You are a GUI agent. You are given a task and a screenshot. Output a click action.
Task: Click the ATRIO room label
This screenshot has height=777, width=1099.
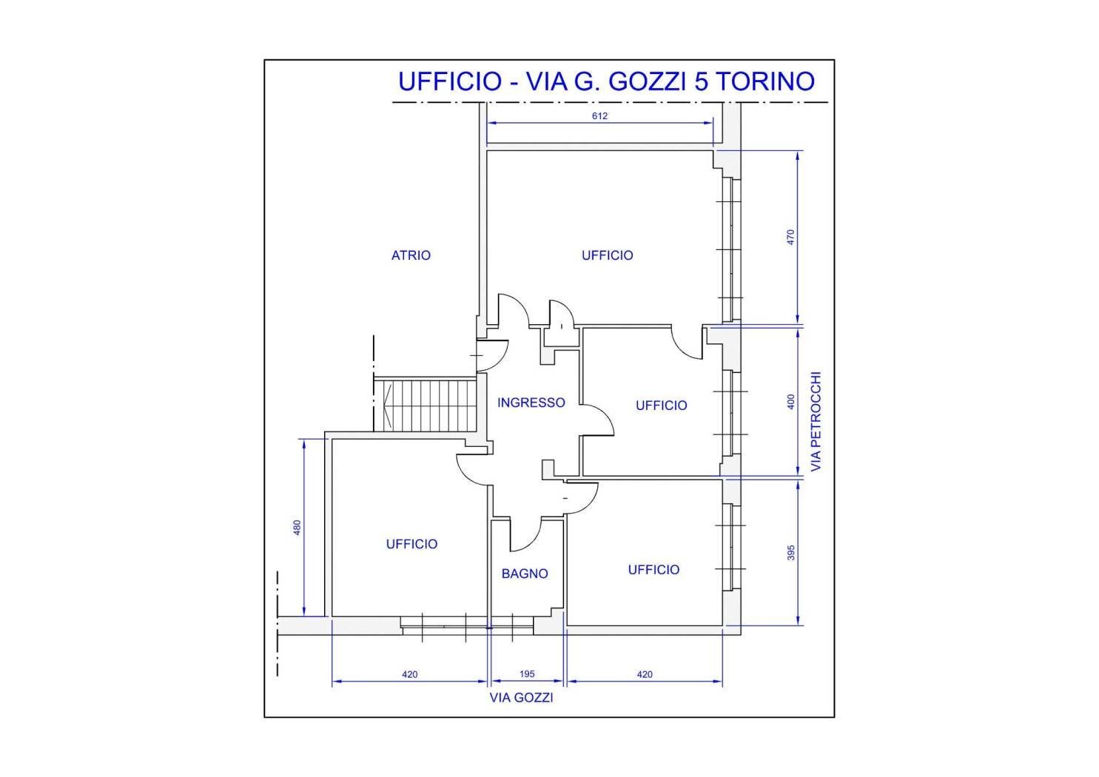pyautogui.click(x=411, y=255)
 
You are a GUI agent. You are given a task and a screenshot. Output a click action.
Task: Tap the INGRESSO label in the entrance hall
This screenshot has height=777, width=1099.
pyautogui.click(x=531, y=403)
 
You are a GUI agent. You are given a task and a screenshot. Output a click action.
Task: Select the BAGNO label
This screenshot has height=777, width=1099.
pyautogui.click(x=524, y=573)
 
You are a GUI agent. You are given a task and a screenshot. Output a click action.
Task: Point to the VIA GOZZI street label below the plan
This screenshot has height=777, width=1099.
pyautogui.click(x=521, y=697)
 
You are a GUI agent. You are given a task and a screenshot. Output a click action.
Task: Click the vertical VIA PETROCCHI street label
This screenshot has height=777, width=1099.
pyautogui.click(x=816, y=422)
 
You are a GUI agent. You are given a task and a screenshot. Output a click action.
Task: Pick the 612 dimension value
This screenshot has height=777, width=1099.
pyautogui.click(x=599, y=115)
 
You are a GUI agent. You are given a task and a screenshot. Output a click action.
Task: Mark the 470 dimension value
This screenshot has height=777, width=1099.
pyautogui.click(x=790, y=238)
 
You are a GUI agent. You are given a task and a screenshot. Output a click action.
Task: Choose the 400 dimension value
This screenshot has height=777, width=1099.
pyautogui.click(x=790, y=402)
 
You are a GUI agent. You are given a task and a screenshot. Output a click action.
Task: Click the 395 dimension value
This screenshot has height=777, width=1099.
pyautogui.click(x=790, y=553)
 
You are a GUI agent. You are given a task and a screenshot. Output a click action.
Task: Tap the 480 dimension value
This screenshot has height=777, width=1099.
pyautogui.click(x=298, y=528)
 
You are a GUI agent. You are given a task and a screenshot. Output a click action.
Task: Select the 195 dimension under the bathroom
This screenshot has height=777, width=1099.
pyautogui.click(x=526, y=674)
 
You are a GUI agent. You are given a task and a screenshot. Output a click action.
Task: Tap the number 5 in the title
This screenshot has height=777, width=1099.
pyautogui.click(x=699, y=81)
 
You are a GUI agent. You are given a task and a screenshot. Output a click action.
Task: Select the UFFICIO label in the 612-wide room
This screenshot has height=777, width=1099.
pyautogui.click(x=607, y=255)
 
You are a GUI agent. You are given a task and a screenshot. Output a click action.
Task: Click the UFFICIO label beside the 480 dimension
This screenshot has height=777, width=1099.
pyautogui.click(x=411, y=544)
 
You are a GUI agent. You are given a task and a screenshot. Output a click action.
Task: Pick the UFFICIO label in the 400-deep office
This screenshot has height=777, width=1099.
pyautogui.click(x=661, y=406)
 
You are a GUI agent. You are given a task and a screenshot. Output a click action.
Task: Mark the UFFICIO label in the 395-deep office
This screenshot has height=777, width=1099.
pyautogui.click(x=653, y=570)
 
